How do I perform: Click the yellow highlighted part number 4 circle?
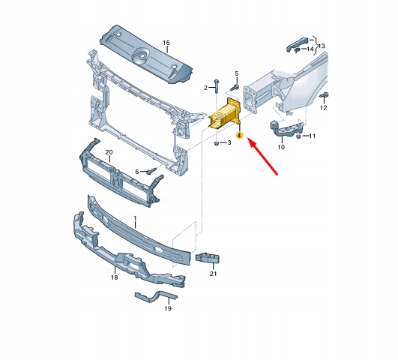coord(239,136)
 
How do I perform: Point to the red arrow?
coord(262,156)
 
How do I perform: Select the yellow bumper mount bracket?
coord(225,114)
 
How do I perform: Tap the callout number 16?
coord(166,43)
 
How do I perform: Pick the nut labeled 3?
coord(217,143)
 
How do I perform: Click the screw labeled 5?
coord(235,88)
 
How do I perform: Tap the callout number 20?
coord(109,152)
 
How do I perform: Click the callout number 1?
coord(135,218)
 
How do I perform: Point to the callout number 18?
coord(115,277)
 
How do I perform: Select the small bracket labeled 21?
coord(208,259)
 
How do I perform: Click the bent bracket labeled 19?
coord(156,296)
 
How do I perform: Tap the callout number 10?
coord(281,147)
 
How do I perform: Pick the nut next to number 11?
coord(299,136)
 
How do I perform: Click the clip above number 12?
coord(324,95)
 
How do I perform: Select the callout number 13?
coord(322,46)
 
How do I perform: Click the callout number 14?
coord(310,49)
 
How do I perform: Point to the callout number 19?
coord(168,308)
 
